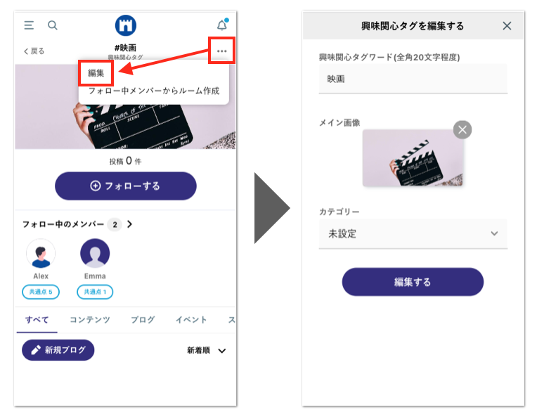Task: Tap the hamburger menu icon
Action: pos(29,25)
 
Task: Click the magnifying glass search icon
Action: pos(53,25)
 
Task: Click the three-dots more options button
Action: pos(222,51)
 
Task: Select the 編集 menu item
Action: pos(96,72)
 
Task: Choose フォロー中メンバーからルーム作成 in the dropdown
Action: pos(153,91)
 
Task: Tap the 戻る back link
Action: pos(34,51)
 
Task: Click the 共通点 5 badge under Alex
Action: pos(41,292)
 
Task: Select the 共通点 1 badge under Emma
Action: pos(95,292)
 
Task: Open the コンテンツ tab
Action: pos(89,320)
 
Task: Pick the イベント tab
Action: pos(191,320)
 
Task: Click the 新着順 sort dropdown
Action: pos(207,350)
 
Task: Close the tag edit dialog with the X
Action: pos(507,26)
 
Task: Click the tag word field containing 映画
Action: pos(413,79)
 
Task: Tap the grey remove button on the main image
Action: pos(462,129)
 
